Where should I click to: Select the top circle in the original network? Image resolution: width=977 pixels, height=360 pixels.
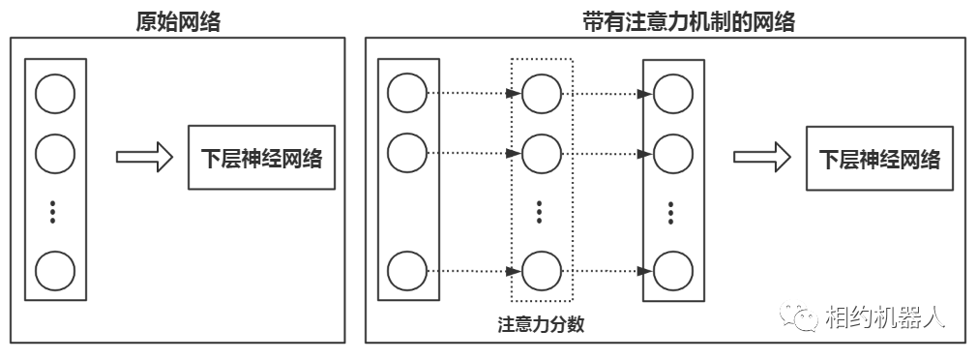[54, 94]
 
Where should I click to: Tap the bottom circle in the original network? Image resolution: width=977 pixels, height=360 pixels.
[54, 270]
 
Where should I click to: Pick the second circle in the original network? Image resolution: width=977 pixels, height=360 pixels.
[54, 152]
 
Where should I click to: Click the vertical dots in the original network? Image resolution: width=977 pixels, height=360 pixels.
[54, 210]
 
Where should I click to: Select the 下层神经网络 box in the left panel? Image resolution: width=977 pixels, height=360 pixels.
[260, 158]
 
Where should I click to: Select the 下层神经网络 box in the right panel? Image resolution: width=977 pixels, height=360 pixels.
[879, 158]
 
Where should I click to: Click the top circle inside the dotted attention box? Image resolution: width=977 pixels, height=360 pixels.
[541, 94]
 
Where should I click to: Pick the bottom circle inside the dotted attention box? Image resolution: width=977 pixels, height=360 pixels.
[541, 268]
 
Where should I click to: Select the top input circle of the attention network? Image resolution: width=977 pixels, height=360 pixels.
[407, 94]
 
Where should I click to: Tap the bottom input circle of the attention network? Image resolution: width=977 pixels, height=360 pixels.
[407, 268]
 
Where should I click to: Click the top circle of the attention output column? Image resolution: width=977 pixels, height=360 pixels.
[673, 94]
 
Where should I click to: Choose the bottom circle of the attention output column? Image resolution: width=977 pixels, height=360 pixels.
[673, 268]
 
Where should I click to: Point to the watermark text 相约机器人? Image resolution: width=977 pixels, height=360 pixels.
[884, 315]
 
